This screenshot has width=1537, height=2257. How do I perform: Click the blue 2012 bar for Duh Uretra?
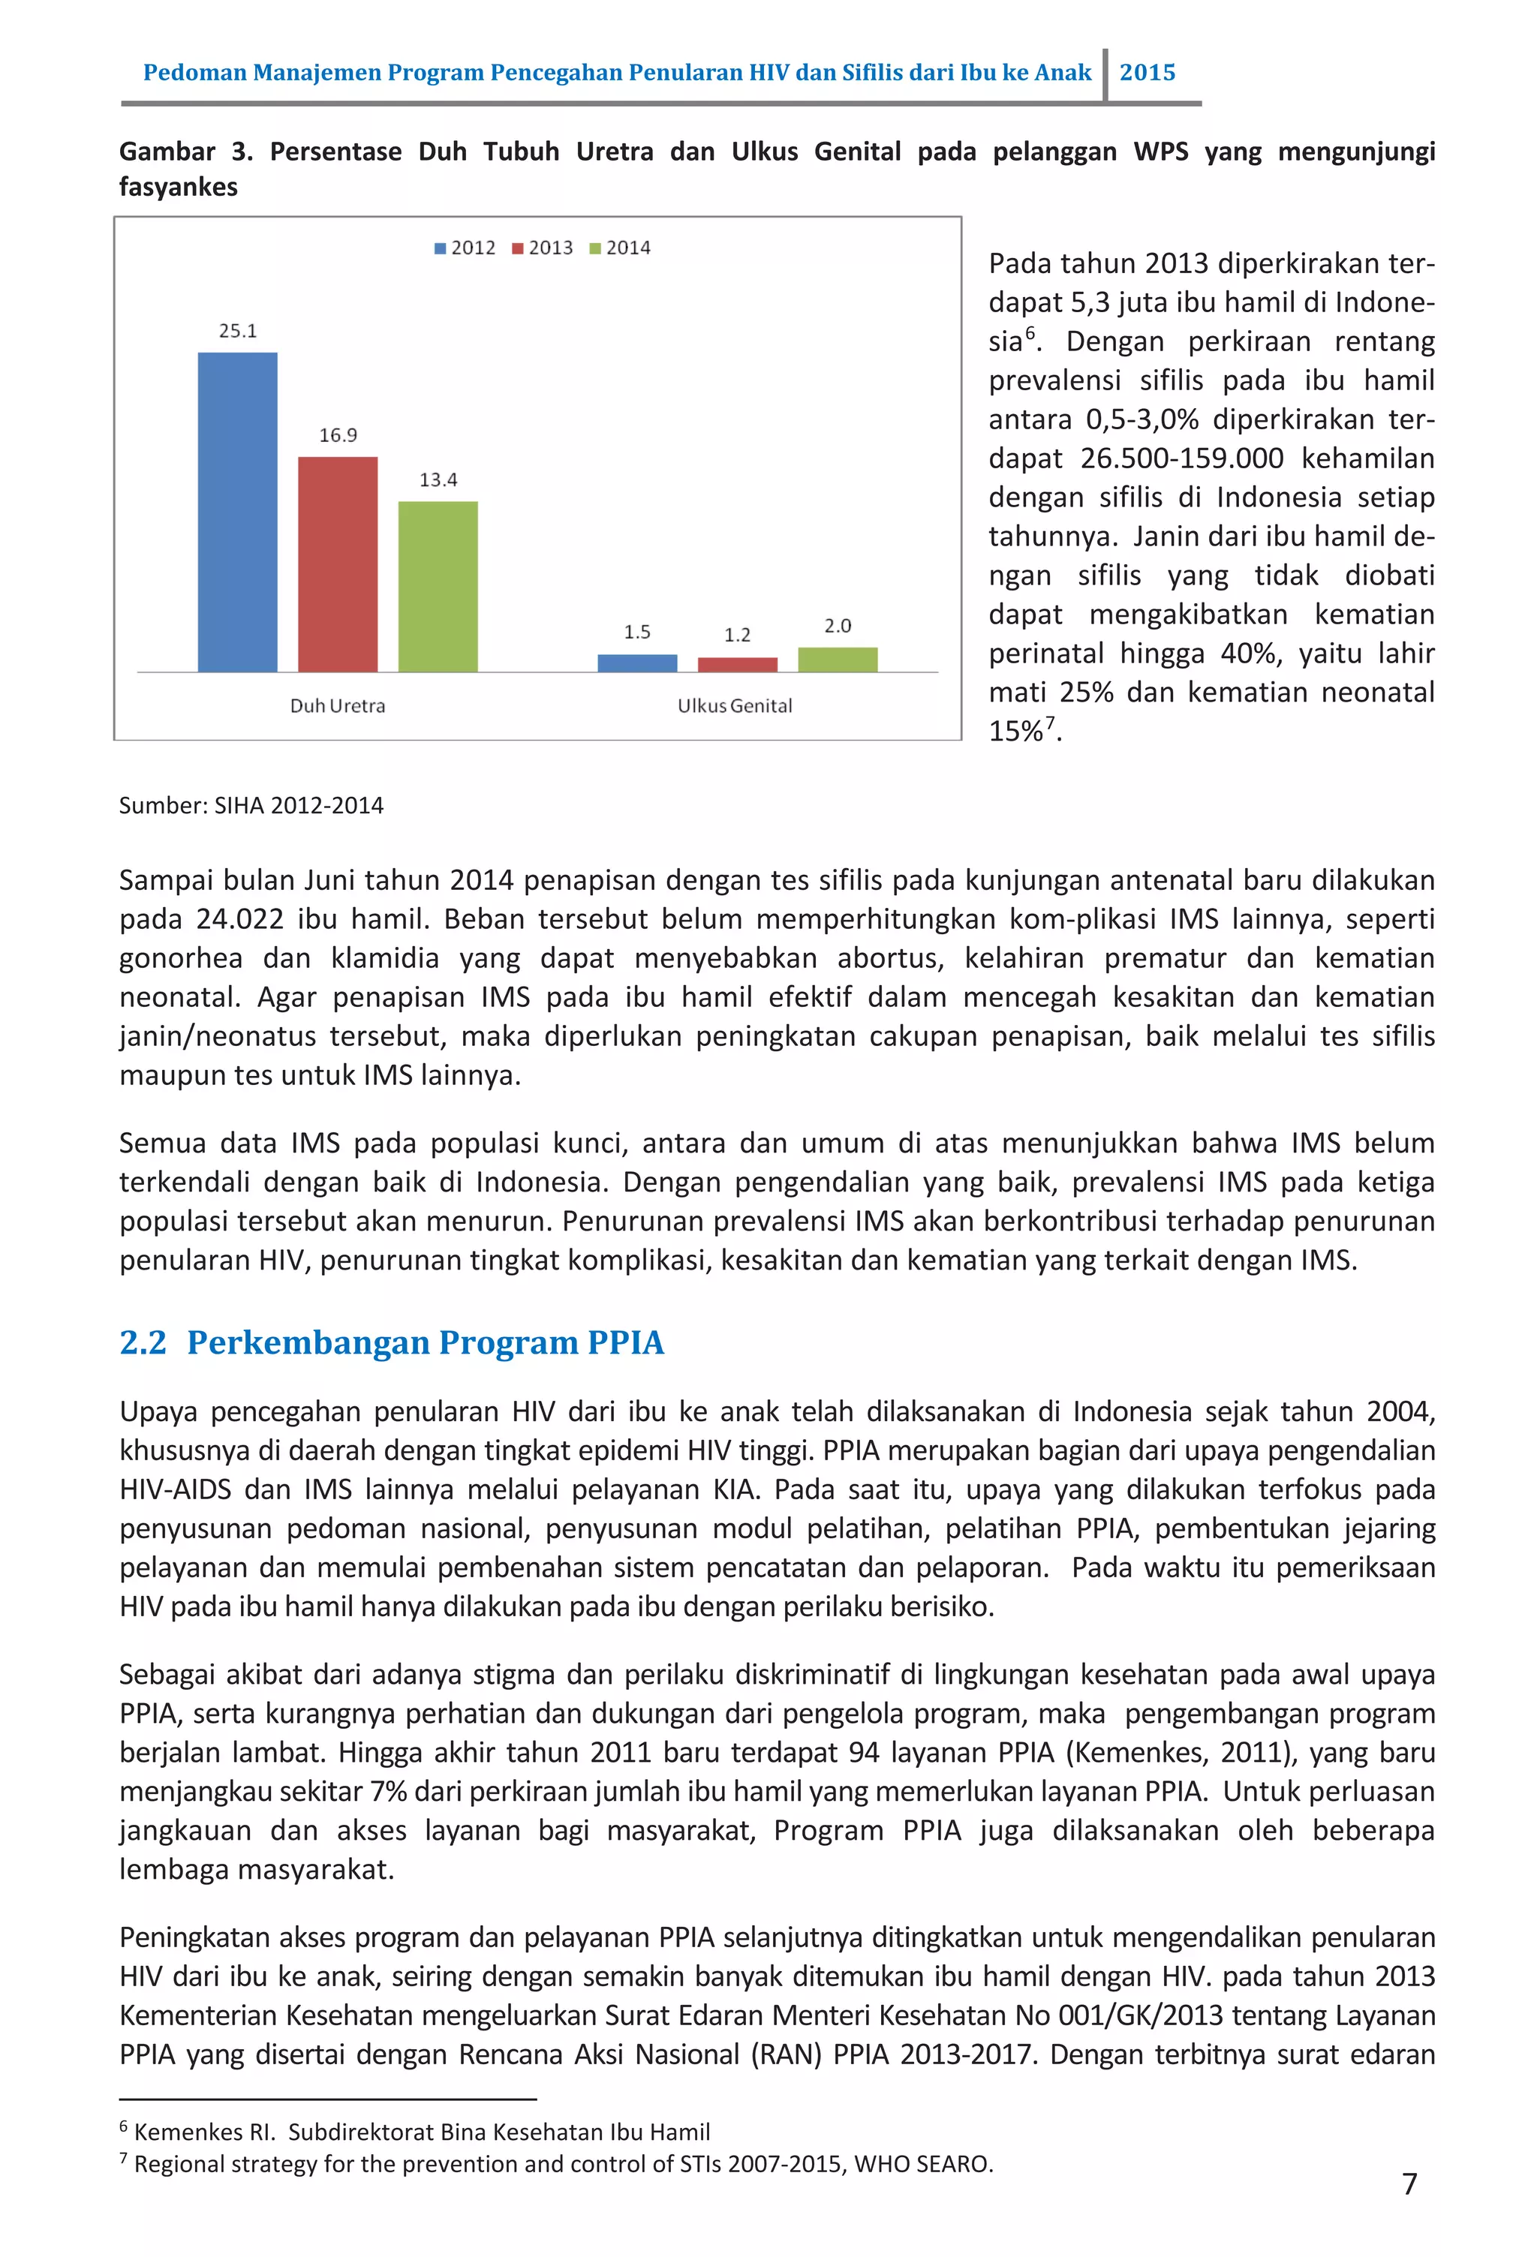pos(237,512)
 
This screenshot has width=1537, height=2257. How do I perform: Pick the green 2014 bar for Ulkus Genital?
pos(838,660)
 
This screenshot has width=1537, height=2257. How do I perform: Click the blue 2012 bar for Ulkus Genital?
pos(636,663)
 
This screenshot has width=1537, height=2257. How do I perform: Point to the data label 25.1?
pos(237,331)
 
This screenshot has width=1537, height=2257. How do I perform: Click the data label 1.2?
pos(738,635)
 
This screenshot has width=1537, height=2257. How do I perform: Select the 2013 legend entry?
pos(543,248)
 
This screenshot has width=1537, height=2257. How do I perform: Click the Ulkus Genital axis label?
pos(735,706)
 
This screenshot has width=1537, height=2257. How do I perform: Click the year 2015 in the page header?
pos(1147,73)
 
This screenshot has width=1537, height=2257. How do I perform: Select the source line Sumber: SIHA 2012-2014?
pos(251,805)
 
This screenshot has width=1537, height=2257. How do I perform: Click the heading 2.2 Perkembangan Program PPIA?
pos(392,1342)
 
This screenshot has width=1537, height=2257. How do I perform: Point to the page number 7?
pos(1409,2184)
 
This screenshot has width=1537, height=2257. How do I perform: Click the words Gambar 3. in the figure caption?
pos(185,152)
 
